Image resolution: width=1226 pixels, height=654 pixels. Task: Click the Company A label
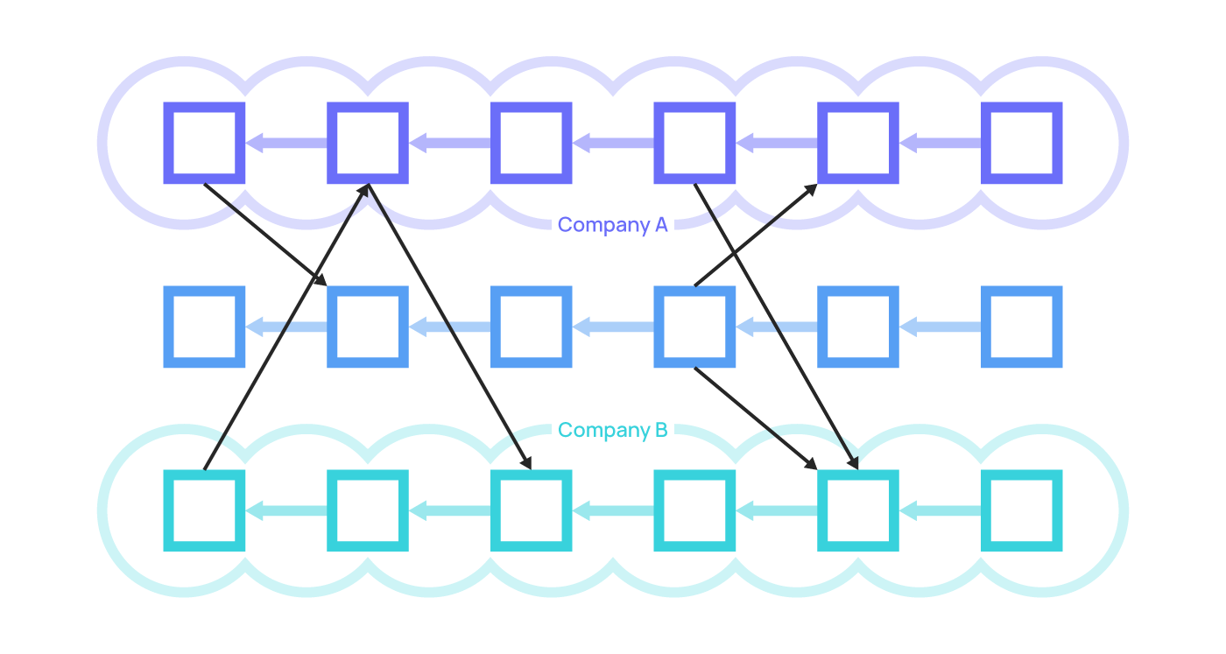(x=612, y=225)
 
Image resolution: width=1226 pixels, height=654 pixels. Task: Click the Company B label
(x=612, y=430)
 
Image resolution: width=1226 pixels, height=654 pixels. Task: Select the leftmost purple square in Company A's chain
(x=204, y=143)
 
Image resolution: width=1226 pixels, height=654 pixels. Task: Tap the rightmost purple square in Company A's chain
(x=1021, y=143)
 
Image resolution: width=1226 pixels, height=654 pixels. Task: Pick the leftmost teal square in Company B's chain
(x=204, y=510)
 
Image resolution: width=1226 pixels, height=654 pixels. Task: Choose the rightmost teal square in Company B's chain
(x=1021, y=510)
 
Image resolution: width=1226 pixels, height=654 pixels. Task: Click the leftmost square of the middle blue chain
(x=204, y=327)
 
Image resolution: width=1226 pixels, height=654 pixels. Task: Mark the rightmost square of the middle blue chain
(x=1021, y=327)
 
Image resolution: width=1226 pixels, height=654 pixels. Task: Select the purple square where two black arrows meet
(x=368, y=143)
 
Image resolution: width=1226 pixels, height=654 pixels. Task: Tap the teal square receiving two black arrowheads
(x=857, y=510)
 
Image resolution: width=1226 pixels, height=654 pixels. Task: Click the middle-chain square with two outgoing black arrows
(x=694, y=327)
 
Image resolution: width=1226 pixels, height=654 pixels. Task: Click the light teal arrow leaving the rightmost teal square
(x=940, y=510)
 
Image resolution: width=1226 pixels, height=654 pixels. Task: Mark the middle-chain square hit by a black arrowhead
(x=368, y=327)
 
